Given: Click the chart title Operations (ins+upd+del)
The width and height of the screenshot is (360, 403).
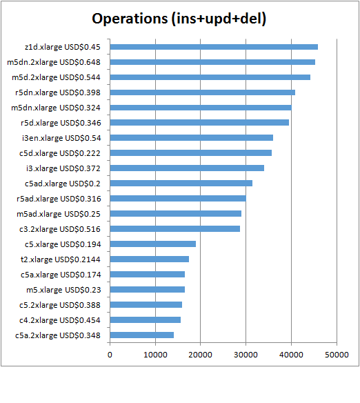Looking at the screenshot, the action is coord(179,19).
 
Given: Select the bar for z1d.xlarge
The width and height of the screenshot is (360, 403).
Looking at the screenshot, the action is coord(214,47).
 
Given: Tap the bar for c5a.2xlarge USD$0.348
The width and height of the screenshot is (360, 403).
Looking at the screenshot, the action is coord(142,335).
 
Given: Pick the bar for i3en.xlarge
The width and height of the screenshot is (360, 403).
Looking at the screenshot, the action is coord(192,138).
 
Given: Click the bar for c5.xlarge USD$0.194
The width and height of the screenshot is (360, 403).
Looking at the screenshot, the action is coord(153,244).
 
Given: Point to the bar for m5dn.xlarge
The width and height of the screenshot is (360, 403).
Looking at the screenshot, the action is coord(201,108).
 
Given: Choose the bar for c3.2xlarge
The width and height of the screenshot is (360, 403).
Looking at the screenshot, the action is coord(175,228).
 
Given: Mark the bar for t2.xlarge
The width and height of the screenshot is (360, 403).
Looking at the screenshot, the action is coord(150,259).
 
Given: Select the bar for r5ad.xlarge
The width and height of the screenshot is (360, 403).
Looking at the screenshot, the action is coord(178,199).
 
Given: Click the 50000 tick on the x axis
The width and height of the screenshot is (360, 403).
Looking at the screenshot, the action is coord(337,355).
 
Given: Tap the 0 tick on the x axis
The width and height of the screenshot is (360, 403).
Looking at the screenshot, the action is coord(110,355).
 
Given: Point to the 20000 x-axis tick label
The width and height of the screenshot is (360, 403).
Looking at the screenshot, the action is coord(200,355).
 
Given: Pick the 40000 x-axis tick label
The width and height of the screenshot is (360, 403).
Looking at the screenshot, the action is coord(291,355).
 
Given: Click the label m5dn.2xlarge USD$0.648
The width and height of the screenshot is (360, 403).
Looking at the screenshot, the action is coord(54,62).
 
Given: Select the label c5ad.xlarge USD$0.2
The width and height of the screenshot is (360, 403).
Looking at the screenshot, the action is coord(62,184).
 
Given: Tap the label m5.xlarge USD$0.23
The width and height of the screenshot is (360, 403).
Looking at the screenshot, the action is coord(63,290).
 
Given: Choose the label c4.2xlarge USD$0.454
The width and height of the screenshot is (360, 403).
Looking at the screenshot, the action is coord(60,320).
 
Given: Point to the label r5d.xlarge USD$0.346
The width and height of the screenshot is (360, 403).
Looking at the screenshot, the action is coord(61,123).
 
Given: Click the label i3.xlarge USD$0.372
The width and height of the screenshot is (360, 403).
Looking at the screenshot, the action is coord(63,168).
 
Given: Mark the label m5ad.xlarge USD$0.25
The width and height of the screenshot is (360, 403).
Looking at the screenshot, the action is coord(59,214).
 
